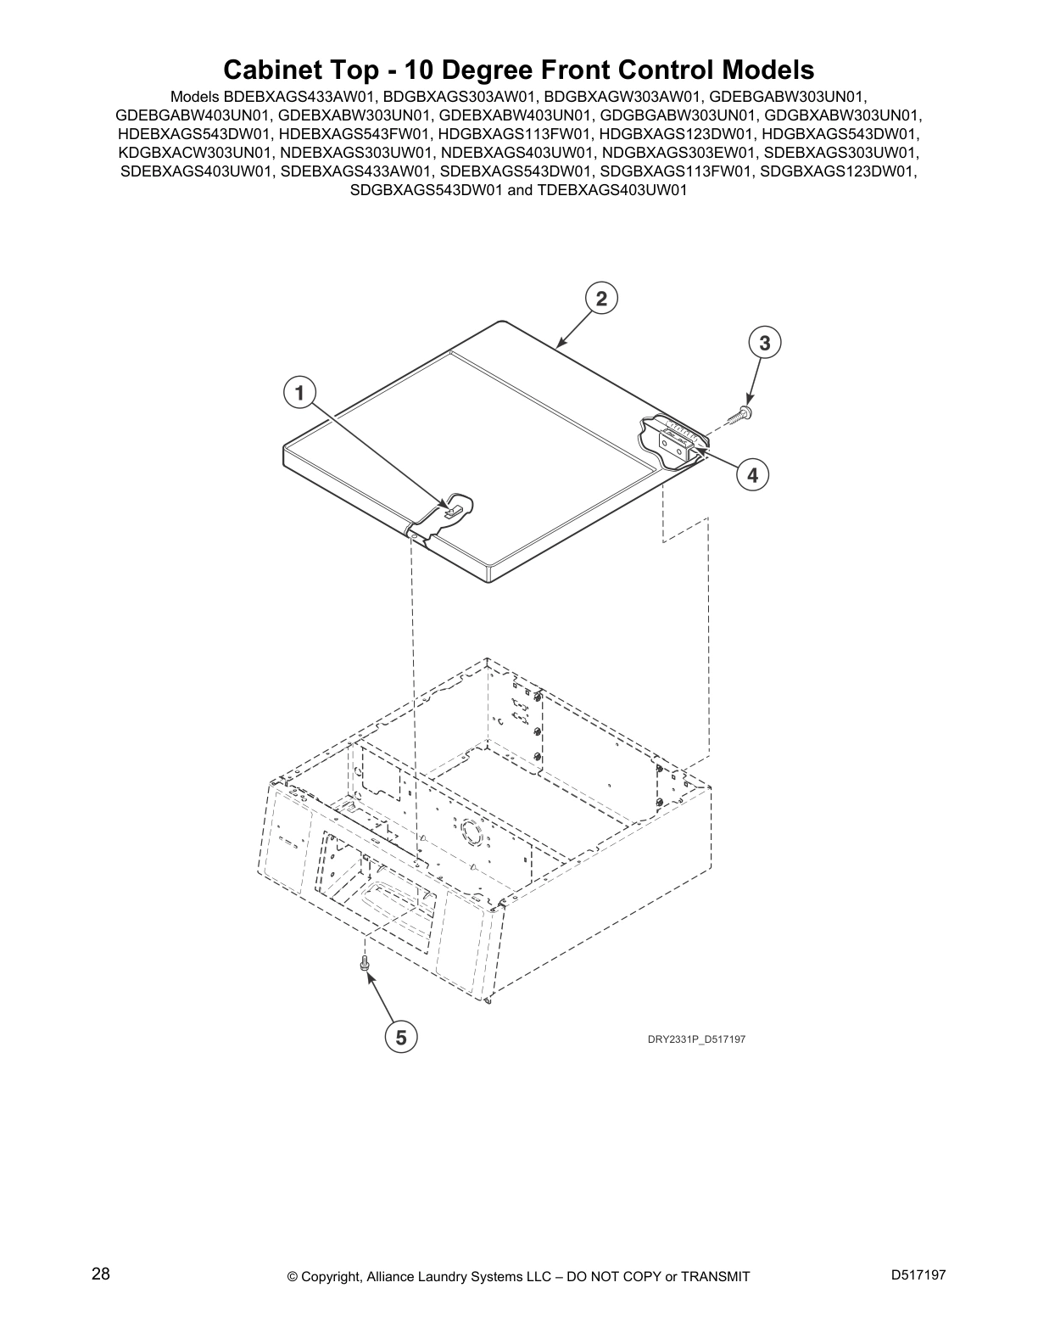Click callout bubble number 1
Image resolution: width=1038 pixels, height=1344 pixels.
point(298,393)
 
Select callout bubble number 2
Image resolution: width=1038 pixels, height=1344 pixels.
point(601,299)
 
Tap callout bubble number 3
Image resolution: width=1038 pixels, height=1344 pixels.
point(765,344)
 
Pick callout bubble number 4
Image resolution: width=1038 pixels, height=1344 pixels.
point(752,474)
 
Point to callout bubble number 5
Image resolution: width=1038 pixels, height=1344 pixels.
point(401,1036)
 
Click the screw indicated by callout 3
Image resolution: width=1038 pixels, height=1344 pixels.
point(745,412)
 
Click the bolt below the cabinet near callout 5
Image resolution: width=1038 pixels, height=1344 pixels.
point(365,963)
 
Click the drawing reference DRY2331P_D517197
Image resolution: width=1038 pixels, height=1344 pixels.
point(691,1039)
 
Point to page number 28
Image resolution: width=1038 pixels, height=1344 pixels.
point(100,1274)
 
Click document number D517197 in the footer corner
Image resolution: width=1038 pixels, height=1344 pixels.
point(918,1274)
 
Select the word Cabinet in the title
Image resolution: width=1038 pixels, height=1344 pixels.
point(271,70)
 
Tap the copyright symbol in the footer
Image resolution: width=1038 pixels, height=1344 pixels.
point(293,1276)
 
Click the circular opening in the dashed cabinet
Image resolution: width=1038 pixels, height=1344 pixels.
point(468,832)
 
